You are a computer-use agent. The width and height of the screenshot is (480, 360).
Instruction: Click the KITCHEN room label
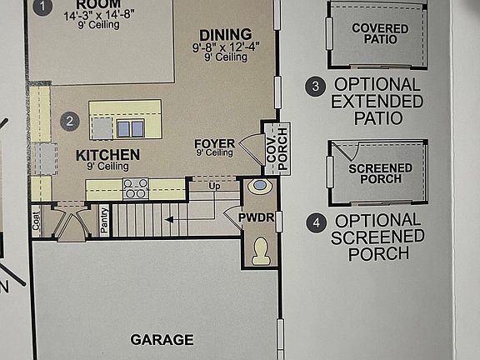coord(107,155)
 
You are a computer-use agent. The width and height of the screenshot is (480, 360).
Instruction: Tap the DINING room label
coord(219,35)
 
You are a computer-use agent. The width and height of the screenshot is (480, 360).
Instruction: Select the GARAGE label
coord(162,339)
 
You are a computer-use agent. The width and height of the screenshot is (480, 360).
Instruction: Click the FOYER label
coord(214,143)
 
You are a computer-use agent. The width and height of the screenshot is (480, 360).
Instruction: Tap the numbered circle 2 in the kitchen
coord(70,122)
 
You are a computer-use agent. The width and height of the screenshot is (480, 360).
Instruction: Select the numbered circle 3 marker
coord(315,86)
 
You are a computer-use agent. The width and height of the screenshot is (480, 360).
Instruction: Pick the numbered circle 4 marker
coord(315,222)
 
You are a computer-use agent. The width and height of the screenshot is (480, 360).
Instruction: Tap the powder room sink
coord(259,187)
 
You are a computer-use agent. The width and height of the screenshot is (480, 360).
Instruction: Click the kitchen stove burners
coord(136,188)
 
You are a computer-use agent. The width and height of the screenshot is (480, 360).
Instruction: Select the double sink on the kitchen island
coord(129,128)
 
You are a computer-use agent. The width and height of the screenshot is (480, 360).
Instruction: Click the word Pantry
coord(104,222)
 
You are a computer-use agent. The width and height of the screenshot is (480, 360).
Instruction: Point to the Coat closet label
coord(37,221)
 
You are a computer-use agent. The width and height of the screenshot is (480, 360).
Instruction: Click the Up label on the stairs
coord(214,186)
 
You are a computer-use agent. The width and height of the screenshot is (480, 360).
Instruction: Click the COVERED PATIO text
coord(380,34)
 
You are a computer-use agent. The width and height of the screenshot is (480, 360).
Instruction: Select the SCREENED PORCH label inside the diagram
coord(380,173)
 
